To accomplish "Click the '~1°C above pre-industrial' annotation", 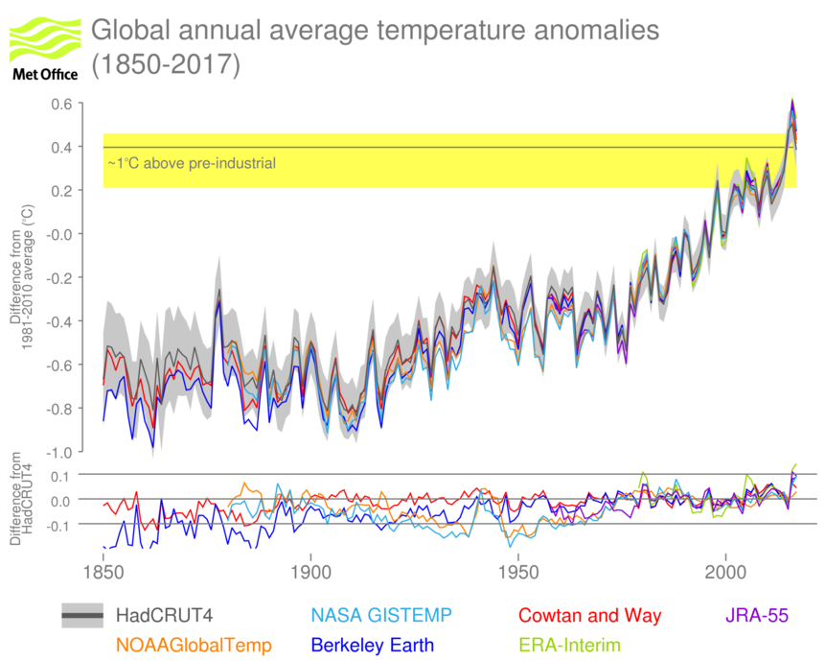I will (x=192, y=164).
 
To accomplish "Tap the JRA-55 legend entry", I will (x=752, y=615).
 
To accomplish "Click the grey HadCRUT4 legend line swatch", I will (x=82, y=615).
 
